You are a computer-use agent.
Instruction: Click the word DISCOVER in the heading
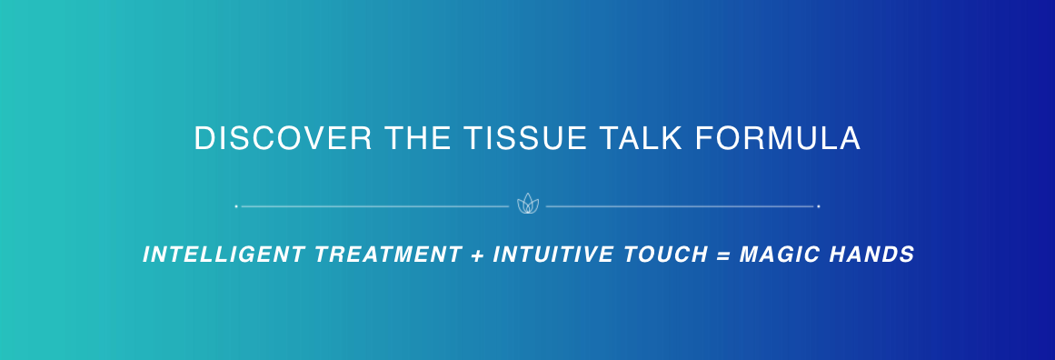coord(284,138)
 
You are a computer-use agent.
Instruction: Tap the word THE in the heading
coord(418,138)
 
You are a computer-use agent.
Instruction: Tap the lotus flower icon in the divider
coord(527,204)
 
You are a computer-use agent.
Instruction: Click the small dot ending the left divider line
coord(236,206)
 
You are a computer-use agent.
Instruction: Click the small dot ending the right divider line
coord(818,206)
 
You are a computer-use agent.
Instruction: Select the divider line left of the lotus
coord(374,206)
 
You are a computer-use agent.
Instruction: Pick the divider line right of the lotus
coord(680,206)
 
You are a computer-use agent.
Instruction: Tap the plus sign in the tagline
coord(478,255)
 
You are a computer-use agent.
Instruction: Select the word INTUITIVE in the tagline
coord(553,255)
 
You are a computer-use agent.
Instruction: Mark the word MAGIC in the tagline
coord(779,255)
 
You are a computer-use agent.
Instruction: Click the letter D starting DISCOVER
coord(205,138)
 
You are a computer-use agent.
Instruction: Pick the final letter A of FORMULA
coord(850,138)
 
